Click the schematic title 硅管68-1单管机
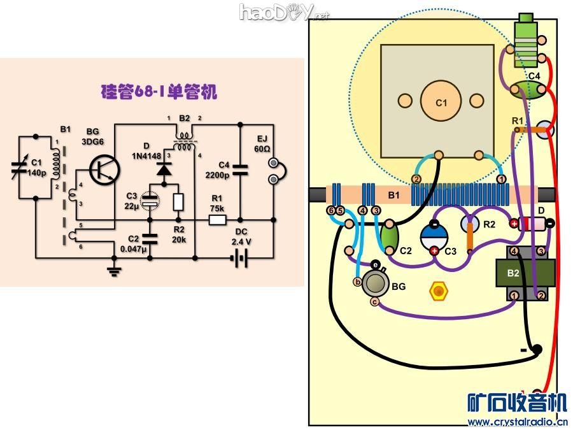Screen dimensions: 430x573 click(x=159, y=92)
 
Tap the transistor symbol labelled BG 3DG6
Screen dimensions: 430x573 click(x=104, y=169)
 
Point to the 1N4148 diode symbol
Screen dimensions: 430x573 click(x=164, y=170)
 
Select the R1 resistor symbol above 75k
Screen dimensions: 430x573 click(x=218, y=220)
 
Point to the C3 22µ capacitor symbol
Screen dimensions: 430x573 click(x=150, y=201)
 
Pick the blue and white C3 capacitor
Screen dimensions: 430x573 click(x=434, y=236)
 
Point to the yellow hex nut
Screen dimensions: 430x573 click(x=438, y=292)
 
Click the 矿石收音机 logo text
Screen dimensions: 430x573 click(x=516, y=403)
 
